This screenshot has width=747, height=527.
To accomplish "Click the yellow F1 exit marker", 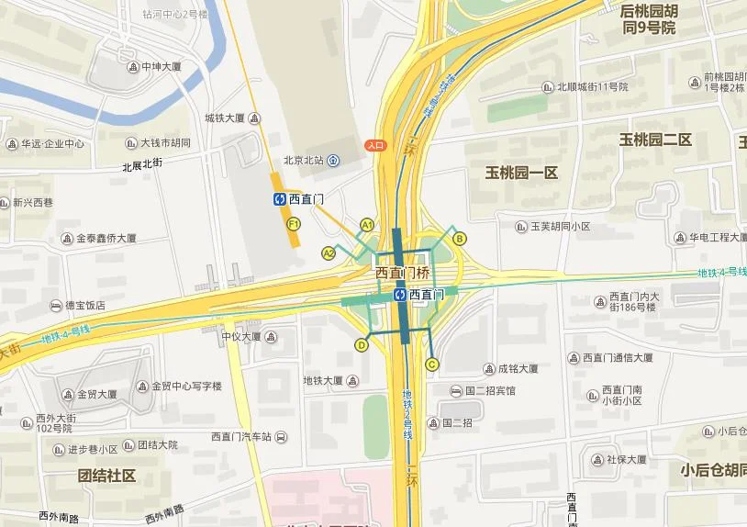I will (294, 224).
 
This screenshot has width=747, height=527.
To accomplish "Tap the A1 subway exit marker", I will (367, 224).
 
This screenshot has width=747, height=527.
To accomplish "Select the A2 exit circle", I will (329, 253).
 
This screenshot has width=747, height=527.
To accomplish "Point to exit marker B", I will (460, 239).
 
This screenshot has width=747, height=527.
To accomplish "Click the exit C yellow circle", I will (431, 364).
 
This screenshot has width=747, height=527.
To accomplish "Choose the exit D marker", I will (362, 345).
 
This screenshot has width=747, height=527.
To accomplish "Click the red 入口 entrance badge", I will (375, 144).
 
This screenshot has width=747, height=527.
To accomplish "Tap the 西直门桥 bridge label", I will (402, 273).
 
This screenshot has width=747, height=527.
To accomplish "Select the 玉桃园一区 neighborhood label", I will (521, 173).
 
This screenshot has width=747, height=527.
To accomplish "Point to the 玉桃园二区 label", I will (654, 140).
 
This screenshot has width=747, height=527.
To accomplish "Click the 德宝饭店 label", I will (84, 306).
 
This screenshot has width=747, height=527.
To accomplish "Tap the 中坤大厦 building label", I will (162, 67).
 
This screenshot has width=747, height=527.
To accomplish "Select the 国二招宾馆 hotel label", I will (490, 390).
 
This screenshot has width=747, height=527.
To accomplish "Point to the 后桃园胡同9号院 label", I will (649, 19).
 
